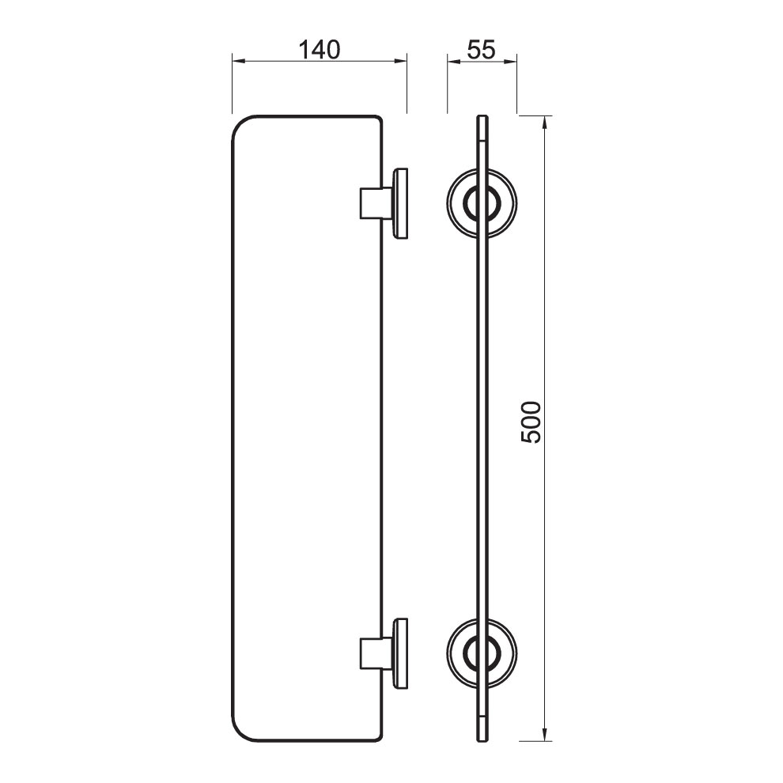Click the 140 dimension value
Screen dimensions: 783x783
point(319,50)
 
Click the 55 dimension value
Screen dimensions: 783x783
point(482,50)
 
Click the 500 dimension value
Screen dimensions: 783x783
point(531,422)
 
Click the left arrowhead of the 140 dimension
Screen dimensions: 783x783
point(239,62)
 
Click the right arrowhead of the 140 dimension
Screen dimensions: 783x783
point(400,62)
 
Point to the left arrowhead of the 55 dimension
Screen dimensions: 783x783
point(454,62)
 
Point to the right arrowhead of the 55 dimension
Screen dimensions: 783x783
point(510,62)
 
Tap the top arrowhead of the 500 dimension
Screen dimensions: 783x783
point(545,123)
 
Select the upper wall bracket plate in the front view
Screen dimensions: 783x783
point(400,203)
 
